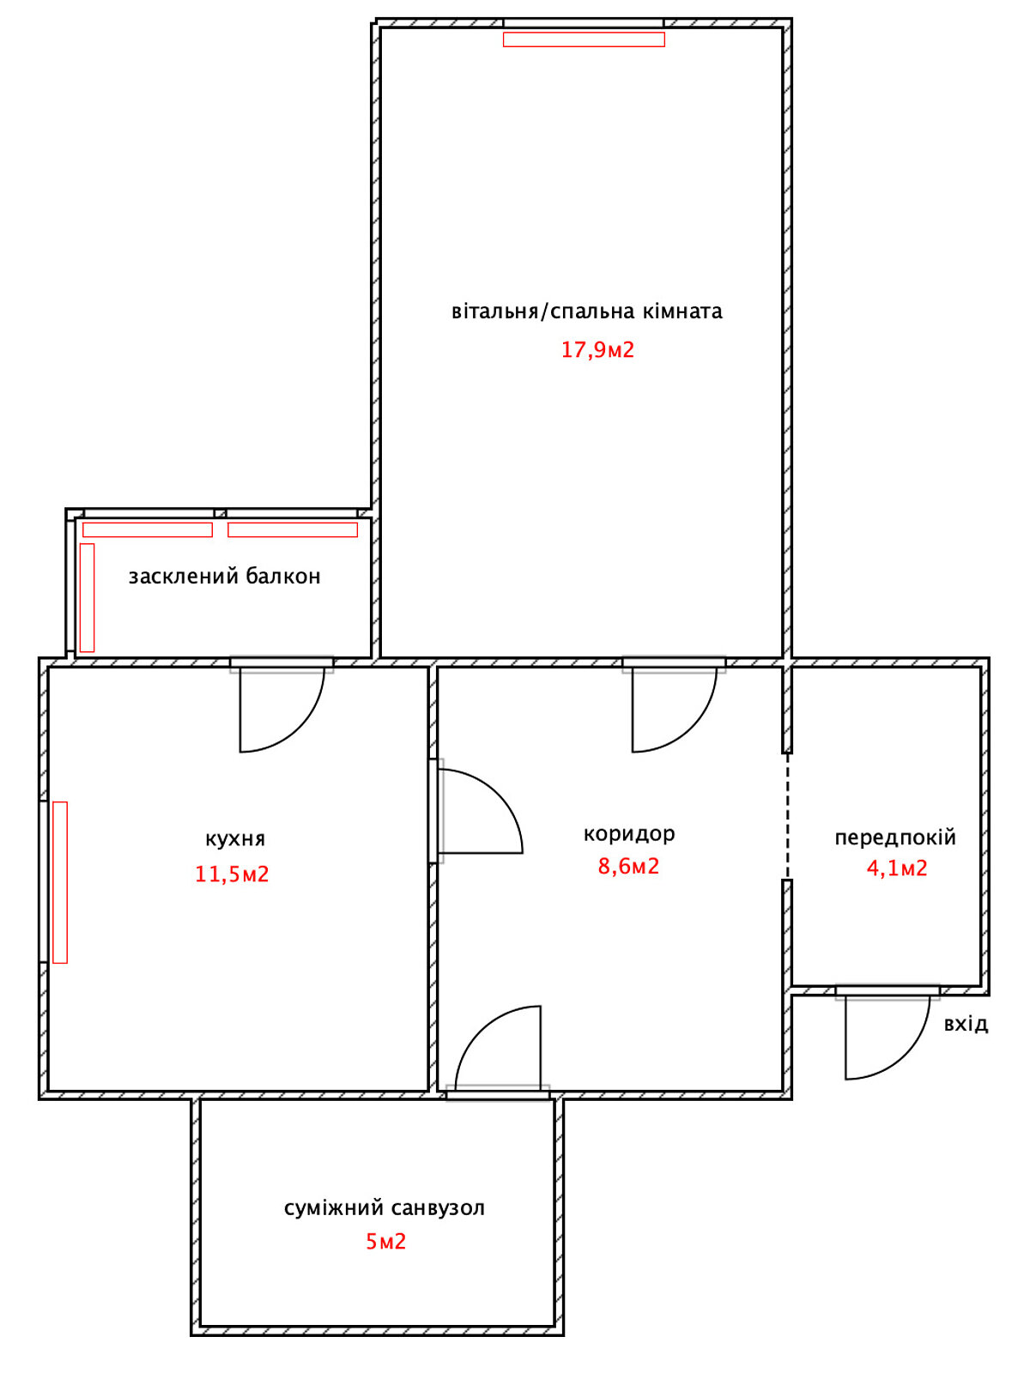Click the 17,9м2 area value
[597, 349]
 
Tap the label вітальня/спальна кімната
[586, 311]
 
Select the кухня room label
[235, 838]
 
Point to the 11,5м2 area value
[232, 874]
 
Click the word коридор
[629, 834]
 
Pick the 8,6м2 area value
[628, 867]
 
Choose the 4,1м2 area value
[897, 868]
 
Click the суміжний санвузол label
[384, 1208]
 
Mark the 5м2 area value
[386, 1241]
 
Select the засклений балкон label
[225, 576]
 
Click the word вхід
[966, 1024]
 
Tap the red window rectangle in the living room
[584, 39]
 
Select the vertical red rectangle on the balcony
[87, 598]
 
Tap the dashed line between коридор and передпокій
[787, 816]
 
